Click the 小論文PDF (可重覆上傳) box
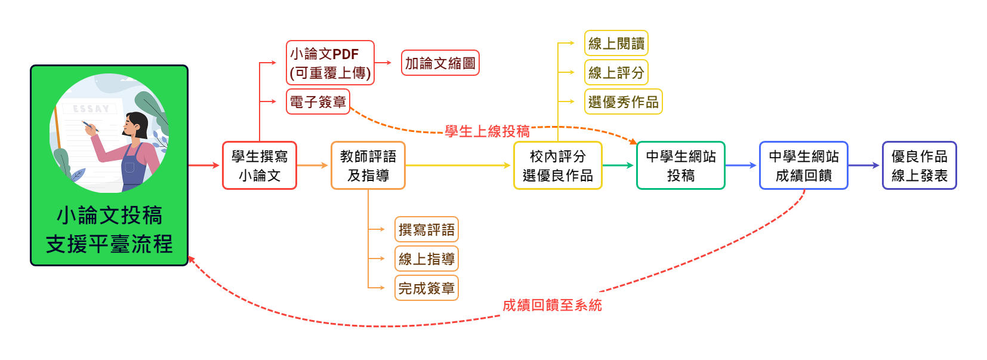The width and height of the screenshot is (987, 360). coord(330,63)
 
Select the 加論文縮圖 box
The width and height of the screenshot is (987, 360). coord(440,63)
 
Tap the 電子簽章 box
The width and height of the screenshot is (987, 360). coord(317,101)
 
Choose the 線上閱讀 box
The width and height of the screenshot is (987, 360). coord(616,43)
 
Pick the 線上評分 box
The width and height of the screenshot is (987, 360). coord(616,72)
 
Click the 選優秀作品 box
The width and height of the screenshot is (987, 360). coord(623,101)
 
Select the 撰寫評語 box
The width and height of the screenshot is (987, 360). coord(426,229)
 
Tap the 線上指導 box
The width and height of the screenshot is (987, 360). coord(426,259)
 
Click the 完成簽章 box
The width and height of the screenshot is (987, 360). coord(426,288)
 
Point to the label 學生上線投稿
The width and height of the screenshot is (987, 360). coord(487,131)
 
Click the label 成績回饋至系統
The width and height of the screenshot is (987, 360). coord(552,305)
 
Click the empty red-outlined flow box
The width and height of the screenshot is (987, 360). coord(259,165)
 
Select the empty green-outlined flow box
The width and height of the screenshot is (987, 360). coord(680,165)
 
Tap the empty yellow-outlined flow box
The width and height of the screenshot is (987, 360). coord(557,165)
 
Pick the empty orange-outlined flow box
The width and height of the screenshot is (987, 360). coord(368,165)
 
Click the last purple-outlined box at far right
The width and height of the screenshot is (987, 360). coord(919,165)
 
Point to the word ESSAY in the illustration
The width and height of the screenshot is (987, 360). coord(91,109)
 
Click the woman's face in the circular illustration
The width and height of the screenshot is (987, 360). coord(134,125)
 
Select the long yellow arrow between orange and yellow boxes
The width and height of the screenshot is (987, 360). coord(458,165)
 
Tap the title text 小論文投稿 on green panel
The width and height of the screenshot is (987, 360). coord(109,215)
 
